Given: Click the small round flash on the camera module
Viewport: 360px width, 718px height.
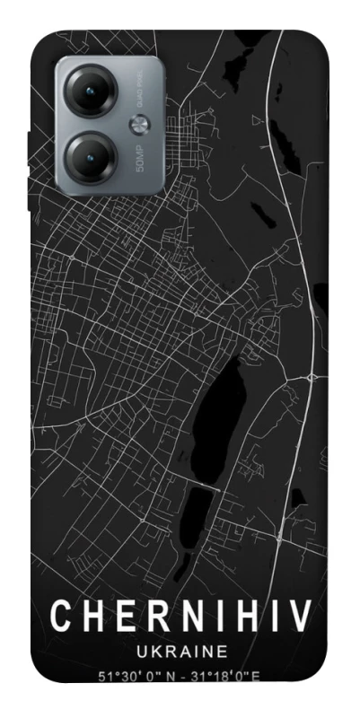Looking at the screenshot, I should point(140,124).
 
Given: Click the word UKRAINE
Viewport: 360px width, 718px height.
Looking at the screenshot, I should point(180,651).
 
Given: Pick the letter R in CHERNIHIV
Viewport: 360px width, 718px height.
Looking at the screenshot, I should point(151,617).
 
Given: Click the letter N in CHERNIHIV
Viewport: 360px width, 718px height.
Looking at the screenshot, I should point(183,617).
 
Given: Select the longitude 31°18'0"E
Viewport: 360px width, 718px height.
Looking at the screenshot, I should point(224,676).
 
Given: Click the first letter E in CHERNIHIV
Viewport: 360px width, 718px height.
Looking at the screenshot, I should point(120,617).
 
